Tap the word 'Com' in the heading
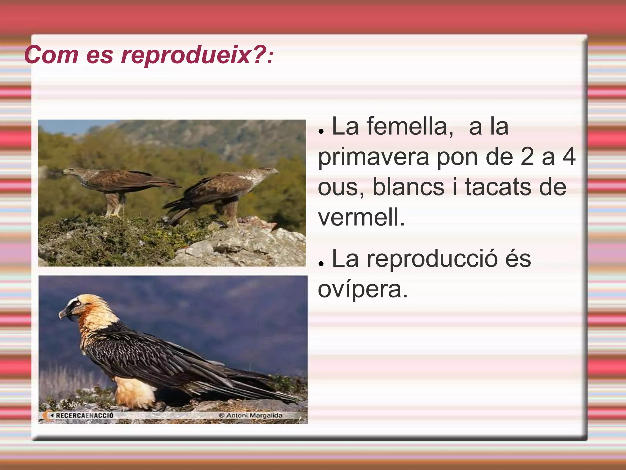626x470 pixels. pos(51,55)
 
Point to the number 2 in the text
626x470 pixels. pos(527,157)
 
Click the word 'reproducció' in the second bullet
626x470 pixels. pos(432,259)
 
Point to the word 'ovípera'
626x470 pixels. pos(363,289)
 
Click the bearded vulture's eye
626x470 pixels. pos(79,304)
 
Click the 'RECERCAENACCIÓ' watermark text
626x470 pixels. pos(84,415)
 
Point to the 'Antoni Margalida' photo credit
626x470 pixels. pos(254,415)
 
